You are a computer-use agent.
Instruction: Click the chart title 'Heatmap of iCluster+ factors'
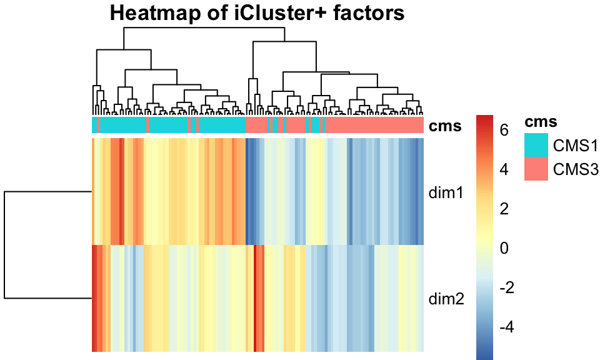257,12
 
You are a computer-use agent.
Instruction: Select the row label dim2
445,299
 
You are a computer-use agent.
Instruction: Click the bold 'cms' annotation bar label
445,126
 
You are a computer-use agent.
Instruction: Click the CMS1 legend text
576,146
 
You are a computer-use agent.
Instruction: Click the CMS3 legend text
576,169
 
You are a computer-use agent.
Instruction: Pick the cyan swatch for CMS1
536,146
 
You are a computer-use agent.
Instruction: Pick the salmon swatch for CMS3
536,169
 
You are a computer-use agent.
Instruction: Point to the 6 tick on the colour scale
504,129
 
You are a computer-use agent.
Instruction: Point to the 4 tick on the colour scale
504,169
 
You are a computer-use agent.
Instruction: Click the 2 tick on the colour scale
504,209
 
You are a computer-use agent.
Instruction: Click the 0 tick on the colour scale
504,249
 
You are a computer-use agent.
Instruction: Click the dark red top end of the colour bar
484,119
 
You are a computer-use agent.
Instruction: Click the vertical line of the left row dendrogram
6,245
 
